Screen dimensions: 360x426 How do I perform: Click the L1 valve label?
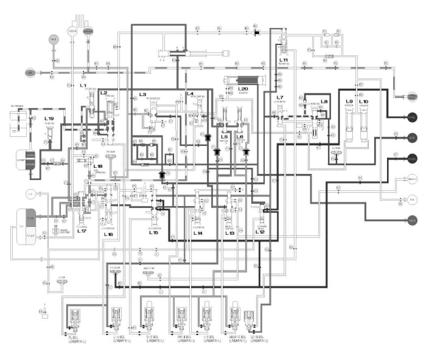point(83,86)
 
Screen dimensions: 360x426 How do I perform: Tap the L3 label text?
point(142,94)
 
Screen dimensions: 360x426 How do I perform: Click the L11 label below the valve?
point(283,60)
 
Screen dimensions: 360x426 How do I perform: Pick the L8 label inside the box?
point(324,101)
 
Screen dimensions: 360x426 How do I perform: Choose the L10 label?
point(364,101)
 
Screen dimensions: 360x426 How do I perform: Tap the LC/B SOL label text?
point(256,337)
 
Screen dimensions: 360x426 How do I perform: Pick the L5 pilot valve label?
point(224,137)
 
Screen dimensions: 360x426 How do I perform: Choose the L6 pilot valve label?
point(240,137)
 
